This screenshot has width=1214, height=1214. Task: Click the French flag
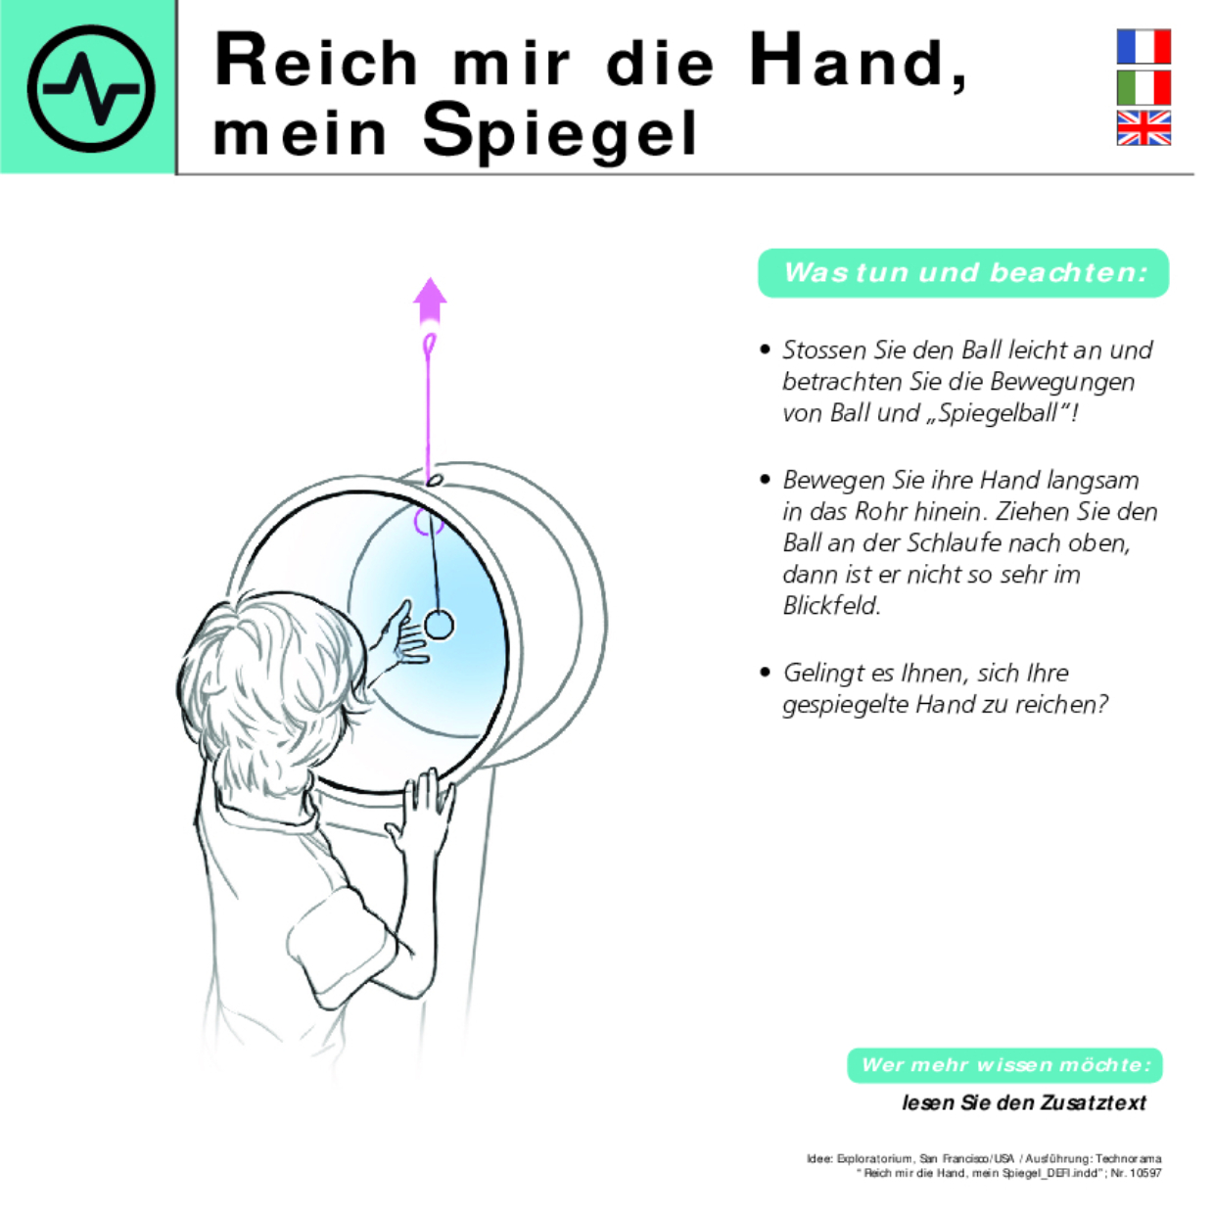(1144, 46)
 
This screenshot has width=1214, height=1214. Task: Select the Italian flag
(1144, 87)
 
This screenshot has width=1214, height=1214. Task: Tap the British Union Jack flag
(1144, 127)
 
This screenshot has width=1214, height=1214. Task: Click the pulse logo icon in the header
(90, 88)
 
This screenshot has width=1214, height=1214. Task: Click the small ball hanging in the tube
(440, 625)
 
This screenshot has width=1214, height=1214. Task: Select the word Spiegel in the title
(560, 131)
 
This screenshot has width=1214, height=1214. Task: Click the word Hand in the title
(848, 61)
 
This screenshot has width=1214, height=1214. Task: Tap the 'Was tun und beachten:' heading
(963, 272)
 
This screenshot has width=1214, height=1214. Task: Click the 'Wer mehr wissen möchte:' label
(1004, 1065)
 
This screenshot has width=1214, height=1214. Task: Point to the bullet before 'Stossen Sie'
(765, 350)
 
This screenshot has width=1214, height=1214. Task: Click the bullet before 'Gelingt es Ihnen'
(765, 672)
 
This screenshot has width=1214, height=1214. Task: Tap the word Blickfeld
(831, 606)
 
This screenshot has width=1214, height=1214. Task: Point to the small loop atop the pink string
(429, 345)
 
